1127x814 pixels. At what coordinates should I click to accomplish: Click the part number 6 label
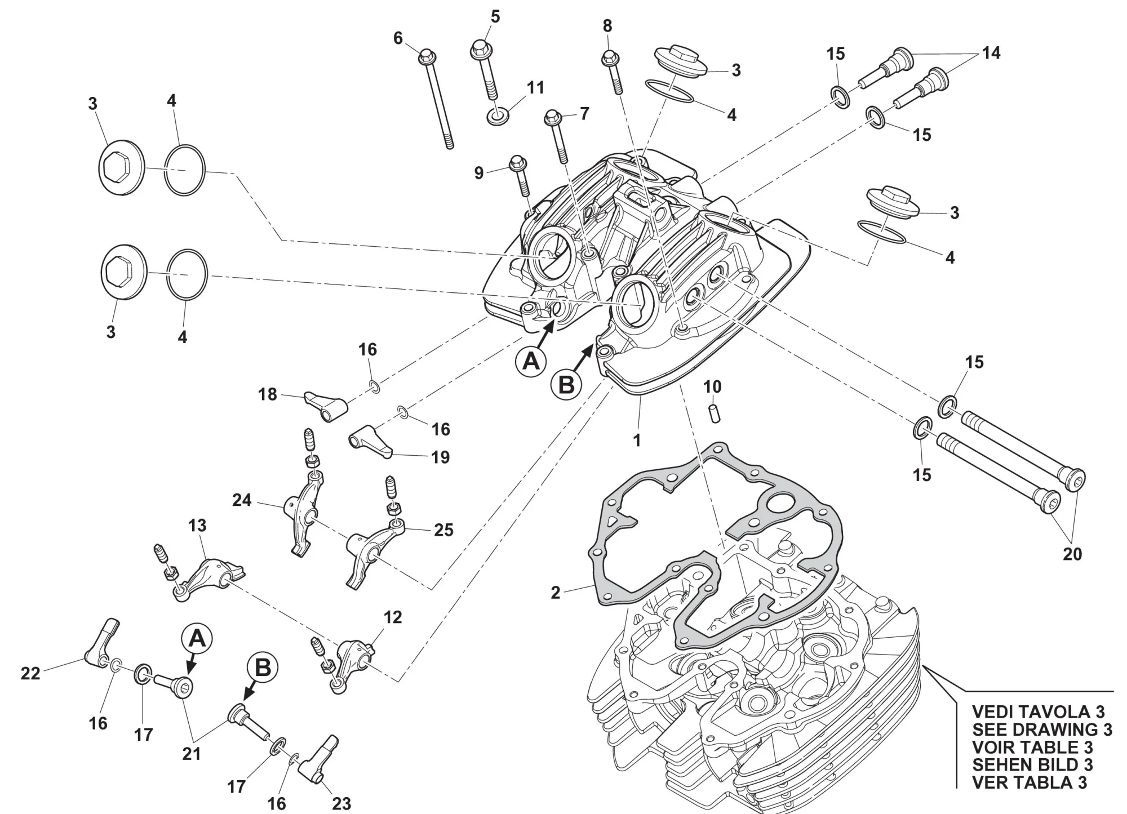(x=398, y=38)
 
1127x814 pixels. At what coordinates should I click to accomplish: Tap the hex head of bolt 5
(x=481, y=49)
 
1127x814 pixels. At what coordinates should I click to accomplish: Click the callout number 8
(x=607, y=26)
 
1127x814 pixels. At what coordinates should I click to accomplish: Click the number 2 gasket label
(x=556, y=593)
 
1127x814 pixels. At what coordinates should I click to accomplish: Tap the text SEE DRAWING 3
(x=1042, y=729)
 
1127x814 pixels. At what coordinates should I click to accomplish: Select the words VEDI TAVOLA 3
(x=1039, y=711)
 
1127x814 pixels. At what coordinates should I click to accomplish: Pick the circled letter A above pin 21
(x=197, y=639)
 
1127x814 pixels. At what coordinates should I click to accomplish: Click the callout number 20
(x=1072, y=554)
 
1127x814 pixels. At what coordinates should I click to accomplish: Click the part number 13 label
(x=197, y=526)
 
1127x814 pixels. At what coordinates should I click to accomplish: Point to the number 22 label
(x=30, y=673)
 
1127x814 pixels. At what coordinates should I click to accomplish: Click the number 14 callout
(x=991, y=53)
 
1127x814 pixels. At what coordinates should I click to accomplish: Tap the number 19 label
(x=441, y=457)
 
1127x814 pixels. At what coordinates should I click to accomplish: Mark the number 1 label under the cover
(x=637, y=440)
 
